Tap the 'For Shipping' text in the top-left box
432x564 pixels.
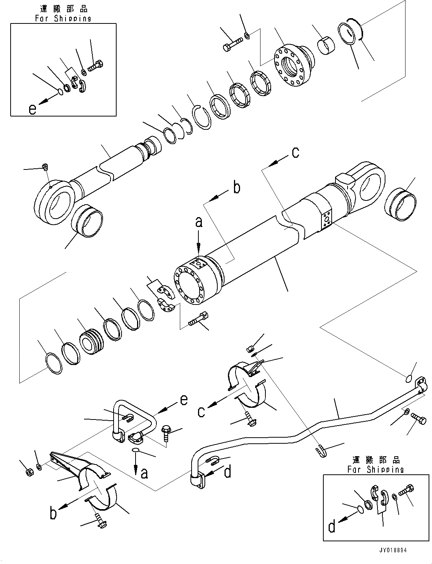point(63,18)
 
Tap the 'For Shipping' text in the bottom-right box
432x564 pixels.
point(376,469)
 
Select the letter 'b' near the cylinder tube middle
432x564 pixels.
point(236,188)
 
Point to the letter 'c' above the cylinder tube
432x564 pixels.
point(295,152)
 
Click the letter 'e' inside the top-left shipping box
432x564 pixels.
point(33,109)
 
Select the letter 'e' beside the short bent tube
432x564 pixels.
point(184,400)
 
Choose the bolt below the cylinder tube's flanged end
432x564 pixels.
point(197,320)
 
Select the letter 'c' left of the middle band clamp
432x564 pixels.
point(201,411)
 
